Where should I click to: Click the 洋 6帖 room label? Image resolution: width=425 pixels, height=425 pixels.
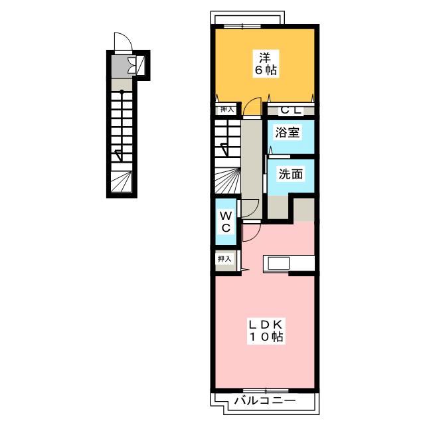pyautogui.click(x=266, y=64)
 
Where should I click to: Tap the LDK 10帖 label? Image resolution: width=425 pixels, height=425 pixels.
pyautogui.click(x=266, y=331)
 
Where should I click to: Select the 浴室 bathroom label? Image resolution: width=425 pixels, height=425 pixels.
pyautogui.click(x=288, y=133)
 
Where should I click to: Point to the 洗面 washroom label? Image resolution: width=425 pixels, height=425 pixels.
pyautogui.click(x=291, y=174)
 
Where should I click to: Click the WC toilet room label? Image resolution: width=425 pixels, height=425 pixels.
pyautogui.click(x=226, y=222)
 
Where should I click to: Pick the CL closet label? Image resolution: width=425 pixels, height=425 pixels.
pyautogui.click(x=291, y=110)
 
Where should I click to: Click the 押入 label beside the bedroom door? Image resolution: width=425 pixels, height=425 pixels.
pyautogui.click(x=227, y=109)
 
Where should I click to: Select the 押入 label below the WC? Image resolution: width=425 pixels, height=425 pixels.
pyautogui.click(x=224, y=259)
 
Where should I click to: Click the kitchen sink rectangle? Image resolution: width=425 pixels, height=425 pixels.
pyautogui.click(x=279, y=263)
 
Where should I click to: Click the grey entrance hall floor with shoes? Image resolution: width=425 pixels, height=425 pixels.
pyautogui.click(x=124, y=66)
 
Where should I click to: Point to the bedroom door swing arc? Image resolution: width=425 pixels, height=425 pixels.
pyautogui.click(x=252, y=106)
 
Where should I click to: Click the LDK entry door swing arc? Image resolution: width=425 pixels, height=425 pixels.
pyautogui.click(x=252, y=232)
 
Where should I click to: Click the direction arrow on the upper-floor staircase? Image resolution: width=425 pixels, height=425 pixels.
pyautogui.click(x=226, y=149)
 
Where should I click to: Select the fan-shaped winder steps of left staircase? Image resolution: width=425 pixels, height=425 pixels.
pyautogui.click(x=122, y=181)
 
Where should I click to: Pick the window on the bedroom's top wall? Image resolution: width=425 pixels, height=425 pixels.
pyautogui.click(x=242, y=27)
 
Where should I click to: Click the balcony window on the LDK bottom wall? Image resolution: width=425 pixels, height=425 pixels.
pyautogui.click(x=266, y=390)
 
